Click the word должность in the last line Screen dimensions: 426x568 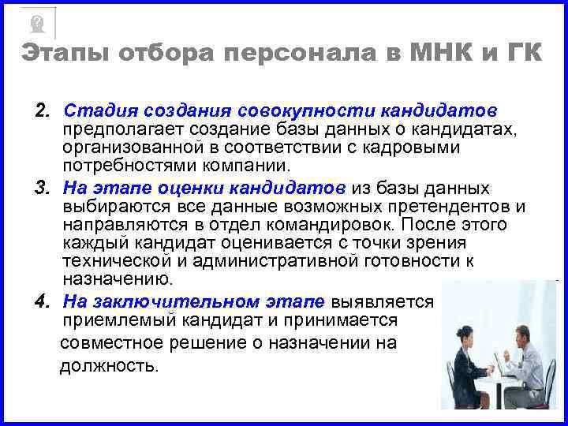(108, 365)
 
